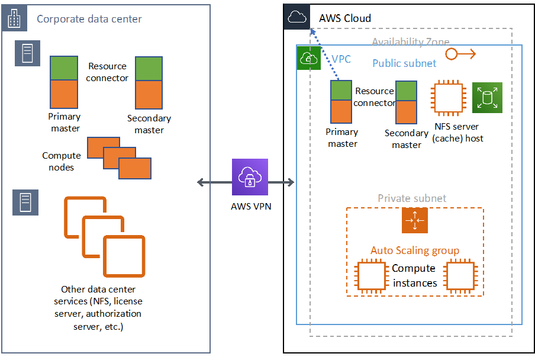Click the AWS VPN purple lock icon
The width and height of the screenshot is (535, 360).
point(249,177)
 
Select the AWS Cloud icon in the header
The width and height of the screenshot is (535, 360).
point(297,18)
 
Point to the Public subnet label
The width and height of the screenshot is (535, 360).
point(404,63)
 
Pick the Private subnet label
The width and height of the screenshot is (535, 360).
point(412,198)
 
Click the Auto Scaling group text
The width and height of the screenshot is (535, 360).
point(414,250)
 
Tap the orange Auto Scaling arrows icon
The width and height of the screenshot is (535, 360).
point(414,220)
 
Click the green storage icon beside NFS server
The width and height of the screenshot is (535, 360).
point(487,97)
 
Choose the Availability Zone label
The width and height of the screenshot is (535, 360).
point(410,42)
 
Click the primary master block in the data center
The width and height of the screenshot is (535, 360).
point(63,81)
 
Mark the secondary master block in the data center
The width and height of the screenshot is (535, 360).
point(149,82)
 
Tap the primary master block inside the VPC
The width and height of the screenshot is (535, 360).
point(341,101)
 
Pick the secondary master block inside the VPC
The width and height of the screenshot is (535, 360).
point(407,102)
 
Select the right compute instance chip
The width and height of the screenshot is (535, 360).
point(461,275)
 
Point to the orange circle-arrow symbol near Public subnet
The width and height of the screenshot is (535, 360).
point(460,54)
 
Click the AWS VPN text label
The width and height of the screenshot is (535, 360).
point(249,207)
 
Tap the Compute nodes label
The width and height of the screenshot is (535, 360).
point(61,161)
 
